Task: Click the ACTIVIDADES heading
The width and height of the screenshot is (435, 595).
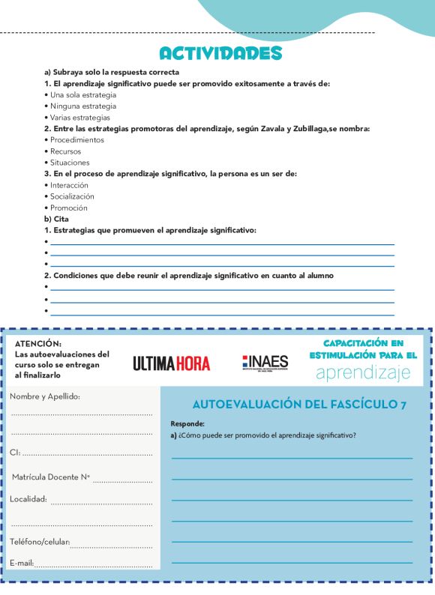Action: pyautogui.click(x=220, y=54)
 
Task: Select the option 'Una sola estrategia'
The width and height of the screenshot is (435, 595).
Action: pyautogui.click(x=82, y=95)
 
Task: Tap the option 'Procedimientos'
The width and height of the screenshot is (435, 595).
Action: pyautogui.click(x=76, y=140)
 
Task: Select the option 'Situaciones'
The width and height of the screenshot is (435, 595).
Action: pyautogui.click(x=69, y=163)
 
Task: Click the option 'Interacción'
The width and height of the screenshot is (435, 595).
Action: pyautogui.click(x=69, y=185)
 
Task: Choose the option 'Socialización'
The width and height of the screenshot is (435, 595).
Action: pyautogui.click(x=72, y=196)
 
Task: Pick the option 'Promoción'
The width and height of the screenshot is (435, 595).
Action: pyautogui.click(x=68, y=208)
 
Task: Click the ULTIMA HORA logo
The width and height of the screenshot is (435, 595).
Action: pyautogui.click(x=172, y=363)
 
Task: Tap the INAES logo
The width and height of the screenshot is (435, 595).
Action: pyautogui.click(x=265, y=362)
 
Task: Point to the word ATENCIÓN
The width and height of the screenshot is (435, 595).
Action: pyautogui.click(x=38, y=343)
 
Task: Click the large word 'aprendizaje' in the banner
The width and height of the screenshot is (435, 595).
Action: pyautogui.click(x=364, y=372)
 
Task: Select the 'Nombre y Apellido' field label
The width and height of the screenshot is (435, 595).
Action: pyautogui.click(x=45, y=396)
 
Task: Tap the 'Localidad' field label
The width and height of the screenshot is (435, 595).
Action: pyautogui.click(x=28, y=499)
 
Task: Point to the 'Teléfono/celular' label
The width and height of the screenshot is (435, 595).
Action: pyautogui.click(x=40, y=542)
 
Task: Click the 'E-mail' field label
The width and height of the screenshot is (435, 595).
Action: pyautogui.click(x=21, y=562)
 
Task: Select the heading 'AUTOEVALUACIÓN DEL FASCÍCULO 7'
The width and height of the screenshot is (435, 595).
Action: pyautogui.click(x=299, y=405)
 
